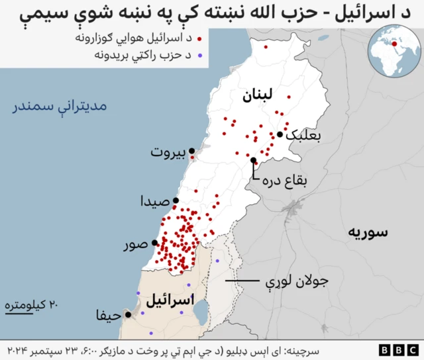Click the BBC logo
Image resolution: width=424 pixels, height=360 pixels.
(397, 349)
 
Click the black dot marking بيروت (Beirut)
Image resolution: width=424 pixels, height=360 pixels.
(192, 151)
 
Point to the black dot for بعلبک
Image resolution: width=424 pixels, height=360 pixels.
(280, 134)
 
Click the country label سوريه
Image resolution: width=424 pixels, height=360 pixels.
(366, 232)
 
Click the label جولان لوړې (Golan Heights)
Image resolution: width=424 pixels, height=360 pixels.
(297, 281)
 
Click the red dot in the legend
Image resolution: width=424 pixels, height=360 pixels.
(198, 38)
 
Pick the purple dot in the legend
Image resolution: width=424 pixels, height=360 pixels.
(198, 57)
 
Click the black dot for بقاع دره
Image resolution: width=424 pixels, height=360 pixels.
(254, 160)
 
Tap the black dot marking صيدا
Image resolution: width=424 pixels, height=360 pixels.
(176, 201)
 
